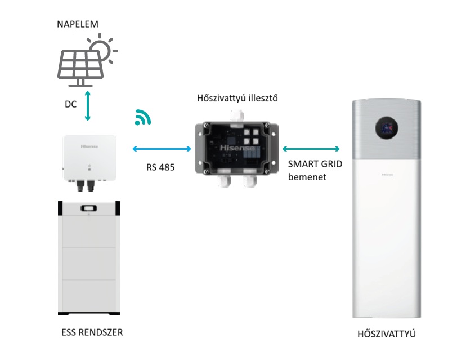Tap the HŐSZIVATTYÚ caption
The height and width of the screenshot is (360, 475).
pos(387,334)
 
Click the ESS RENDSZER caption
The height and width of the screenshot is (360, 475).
pos(91,332)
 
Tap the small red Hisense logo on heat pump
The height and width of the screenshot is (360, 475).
pos(387,176)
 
